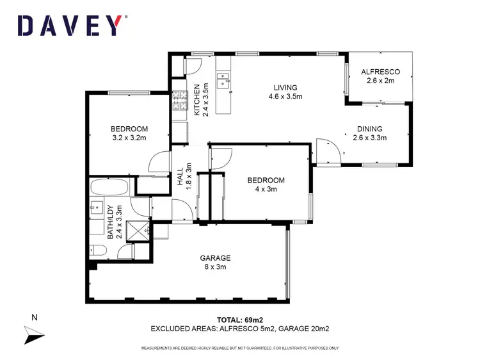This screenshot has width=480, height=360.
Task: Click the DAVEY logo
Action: click(x=68, y=25)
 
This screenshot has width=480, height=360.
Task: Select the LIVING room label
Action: click(x=285, y=88)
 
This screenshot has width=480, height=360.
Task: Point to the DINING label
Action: click(x=370, y=128)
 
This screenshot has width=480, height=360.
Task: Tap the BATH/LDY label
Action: click(x=110, y=221)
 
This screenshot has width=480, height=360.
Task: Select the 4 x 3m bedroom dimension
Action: click(x=266, y=189)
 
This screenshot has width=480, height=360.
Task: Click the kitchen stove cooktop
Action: click(x=178, y=100)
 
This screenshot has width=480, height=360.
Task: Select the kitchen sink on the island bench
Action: click(x=223, y=80)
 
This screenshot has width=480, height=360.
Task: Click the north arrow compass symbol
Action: click(x=33, y=334)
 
